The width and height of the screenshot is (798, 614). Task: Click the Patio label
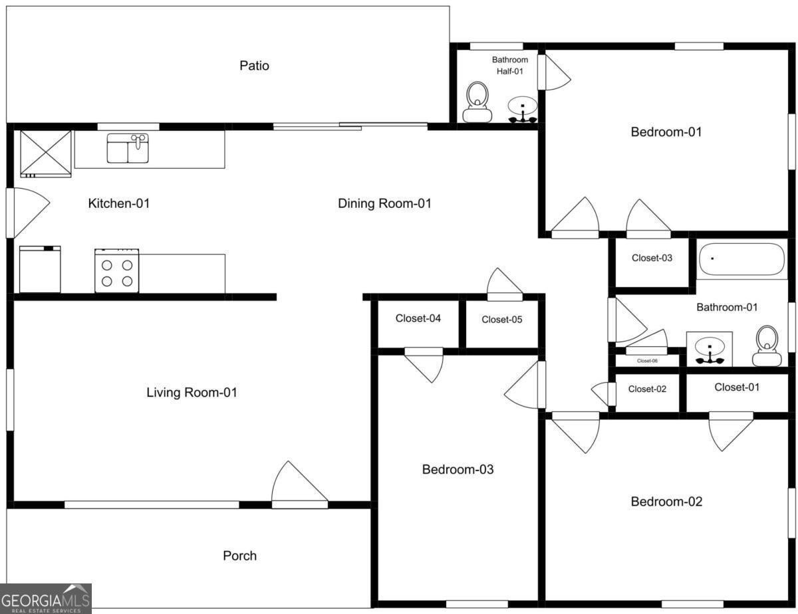pos(254,66)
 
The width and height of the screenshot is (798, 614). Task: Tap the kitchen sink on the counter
pos(128,148)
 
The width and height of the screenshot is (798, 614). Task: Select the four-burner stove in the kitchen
pos(116,271)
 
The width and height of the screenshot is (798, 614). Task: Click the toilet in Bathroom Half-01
pos(477,103)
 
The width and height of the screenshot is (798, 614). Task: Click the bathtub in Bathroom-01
pos(742,259)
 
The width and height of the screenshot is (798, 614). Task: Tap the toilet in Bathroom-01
pos(767,346)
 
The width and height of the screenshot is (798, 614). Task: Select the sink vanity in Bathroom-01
pos(710,350)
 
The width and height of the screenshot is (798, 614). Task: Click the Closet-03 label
pos(652,258)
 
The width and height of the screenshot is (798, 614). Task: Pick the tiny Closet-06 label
pos(647,361)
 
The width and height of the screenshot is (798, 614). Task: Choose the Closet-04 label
pos(418,318)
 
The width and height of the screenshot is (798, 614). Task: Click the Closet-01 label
pos(736,387)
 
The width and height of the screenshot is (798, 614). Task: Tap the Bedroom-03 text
pos(458,470)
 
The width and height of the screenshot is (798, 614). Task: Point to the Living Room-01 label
pos(192,393)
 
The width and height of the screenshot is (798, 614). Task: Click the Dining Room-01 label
pos(384,203)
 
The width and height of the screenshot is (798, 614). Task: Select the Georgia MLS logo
pos(45,598)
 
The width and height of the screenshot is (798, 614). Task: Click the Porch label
pos(239,556)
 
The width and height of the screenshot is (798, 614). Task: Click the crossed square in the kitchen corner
pos(45,153)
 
